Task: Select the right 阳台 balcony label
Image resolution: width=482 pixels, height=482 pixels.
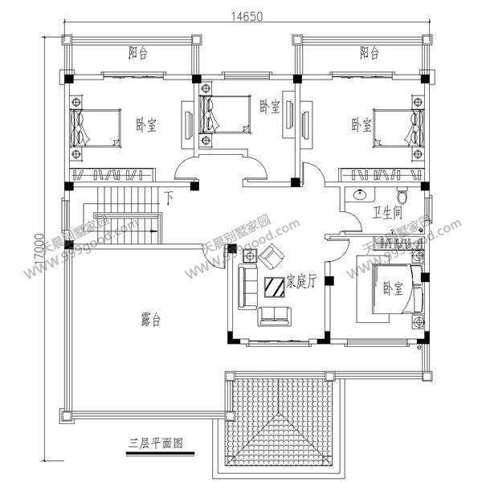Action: point(369,54)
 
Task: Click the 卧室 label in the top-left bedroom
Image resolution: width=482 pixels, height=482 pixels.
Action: point(145,125)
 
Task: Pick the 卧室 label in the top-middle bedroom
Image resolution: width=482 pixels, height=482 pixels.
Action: point(269,107)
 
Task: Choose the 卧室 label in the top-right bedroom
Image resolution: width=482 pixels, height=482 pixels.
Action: point(361,125)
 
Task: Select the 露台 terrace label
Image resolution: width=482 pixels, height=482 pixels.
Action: point(150,320)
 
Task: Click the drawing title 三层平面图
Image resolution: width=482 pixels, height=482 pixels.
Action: point(156,442)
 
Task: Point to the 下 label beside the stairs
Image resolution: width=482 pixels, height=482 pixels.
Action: point(169,197)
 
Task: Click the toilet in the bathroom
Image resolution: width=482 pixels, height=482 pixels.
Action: point(404,194)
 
